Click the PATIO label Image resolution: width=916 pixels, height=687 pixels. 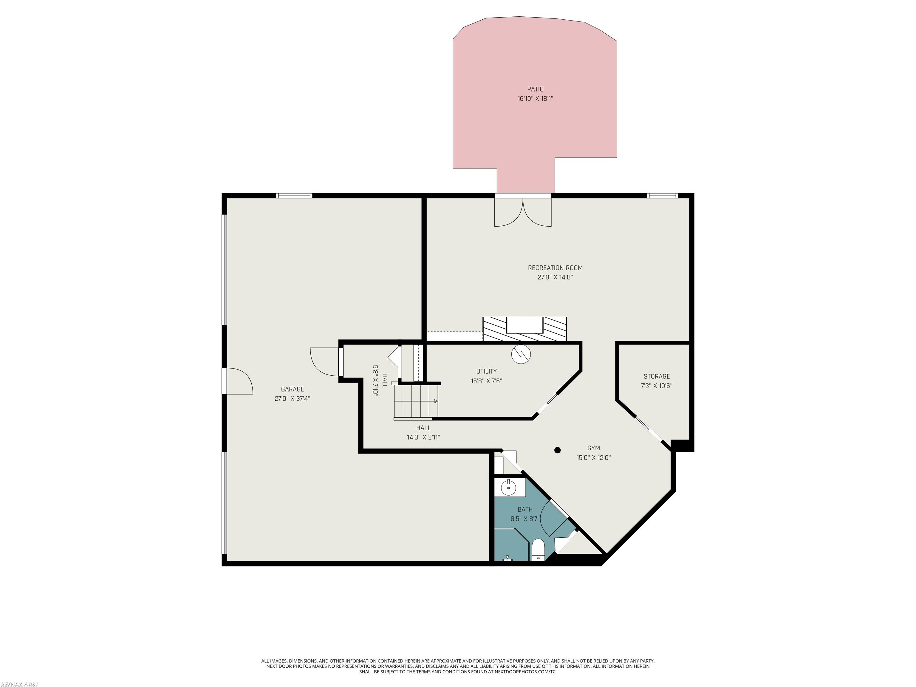point(535,89)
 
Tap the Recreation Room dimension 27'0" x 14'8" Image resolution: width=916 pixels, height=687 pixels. point(555,277)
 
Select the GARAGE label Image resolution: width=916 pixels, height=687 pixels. point(292,389)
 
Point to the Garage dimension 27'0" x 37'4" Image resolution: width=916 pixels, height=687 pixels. point(292,399)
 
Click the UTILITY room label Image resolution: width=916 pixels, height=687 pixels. point(486,372)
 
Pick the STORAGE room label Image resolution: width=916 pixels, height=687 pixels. point(656,376)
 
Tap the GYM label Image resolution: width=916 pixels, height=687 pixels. point(593,448)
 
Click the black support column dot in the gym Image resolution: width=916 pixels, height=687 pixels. point(557,450)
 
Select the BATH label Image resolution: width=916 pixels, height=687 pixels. point(525,509)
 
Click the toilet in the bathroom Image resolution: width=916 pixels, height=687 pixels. point(538,550)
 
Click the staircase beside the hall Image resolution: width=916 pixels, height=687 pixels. point(416,402)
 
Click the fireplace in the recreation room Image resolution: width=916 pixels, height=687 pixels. point(525,329)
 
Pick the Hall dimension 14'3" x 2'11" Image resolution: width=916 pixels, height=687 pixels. point(423,437)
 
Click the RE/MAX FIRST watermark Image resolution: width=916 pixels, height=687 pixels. point(19,684)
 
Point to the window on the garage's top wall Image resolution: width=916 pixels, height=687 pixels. point(294,196)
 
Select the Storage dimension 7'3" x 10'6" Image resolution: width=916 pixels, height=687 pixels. point(656,386)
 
